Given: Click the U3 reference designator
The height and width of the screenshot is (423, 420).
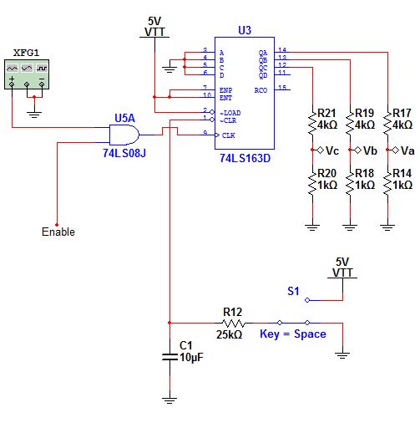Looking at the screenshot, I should (244, 30).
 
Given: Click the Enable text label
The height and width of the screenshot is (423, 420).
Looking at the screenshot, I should (58, 232).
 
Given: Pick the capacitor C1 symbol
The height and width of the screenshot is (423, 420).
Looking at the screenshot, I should (170, 358).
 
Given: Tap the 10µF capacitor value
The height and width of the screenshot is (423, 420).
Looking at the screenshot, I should (190, 357).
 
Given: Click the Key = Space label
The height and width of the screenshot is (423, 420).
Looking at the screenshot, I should (292, 334).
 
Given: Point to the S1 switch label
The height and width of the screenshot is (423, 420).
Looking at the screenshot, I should (293, 292).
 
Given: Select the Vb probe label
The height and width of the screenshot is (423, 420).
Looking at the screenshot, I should (367, 151).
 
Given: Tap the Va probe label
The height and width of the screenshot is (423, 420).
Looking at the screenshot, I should (407, 151).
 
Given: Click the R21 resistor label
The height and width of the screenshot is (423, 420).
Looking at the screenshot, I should (328, 113).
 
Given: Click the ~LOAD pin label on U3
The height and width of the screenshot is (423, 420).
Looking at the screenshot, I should (230, 112).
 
